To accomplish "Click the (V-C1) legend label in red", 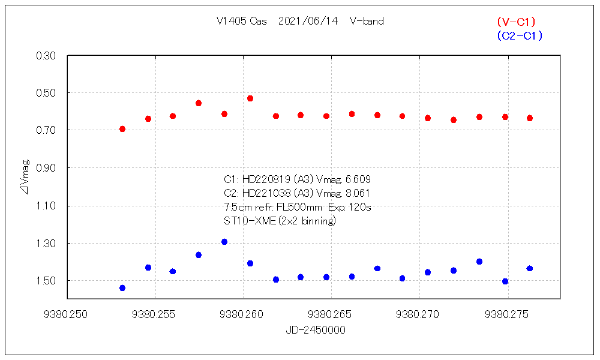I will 516,22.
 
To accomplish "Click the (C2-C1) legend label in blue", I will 520,36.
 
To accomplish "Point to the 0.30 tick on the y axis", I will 47,56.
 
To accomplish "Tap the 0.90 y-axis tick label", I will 47,168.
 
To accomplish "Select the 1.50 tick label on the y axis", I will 47,281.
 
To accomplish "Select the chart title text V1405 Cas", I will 242,22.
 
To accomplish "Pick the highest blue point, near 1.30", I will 224,242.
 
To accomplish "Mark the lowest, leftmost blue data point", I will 122,288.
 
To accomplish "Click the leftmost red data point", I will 122,129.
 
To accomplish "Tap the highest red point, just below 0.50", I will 250,98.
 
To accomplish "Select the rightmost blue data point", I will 530,268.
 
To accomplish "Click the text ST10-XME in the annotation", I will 248,221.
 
